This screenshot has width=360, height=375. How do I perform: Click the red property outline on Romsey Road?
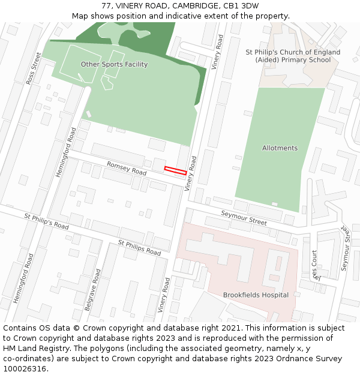175,170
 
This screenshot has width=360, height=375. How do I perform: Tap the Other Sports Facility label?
114,64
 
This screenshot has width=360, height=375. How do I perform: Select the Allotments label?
280,148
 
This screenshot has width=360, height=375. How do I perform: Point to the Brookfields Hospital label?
256,295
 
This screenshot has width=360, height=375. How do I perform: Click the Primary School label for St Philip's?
293,56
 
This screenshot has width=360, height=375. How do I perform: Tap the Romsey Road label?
127,168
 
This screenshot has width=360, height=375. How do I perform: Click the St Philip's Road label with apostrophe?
47,220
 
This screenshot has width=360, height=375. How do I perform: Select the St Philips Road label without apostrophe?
139,247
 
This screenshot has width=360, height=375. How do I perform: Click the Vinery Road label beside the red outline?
191,174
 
